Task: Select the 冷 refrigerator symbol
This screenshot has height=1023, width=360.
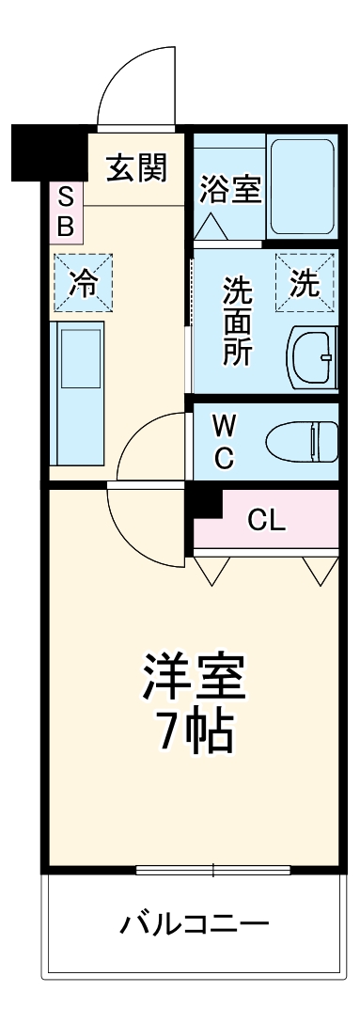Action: pos(84,283)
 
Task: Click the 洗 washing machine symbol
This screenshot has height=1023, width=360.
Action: pos(305,282)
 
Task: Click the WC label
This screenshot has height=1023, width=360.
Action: pos(224,443)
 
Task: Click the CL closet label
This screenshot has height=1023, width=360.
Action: pos(267,518)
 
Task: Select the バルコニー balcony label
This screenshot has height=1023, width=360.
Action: pos(194,922)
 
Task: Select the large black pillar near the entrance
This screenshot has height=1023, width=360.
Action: pos(47,150)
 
